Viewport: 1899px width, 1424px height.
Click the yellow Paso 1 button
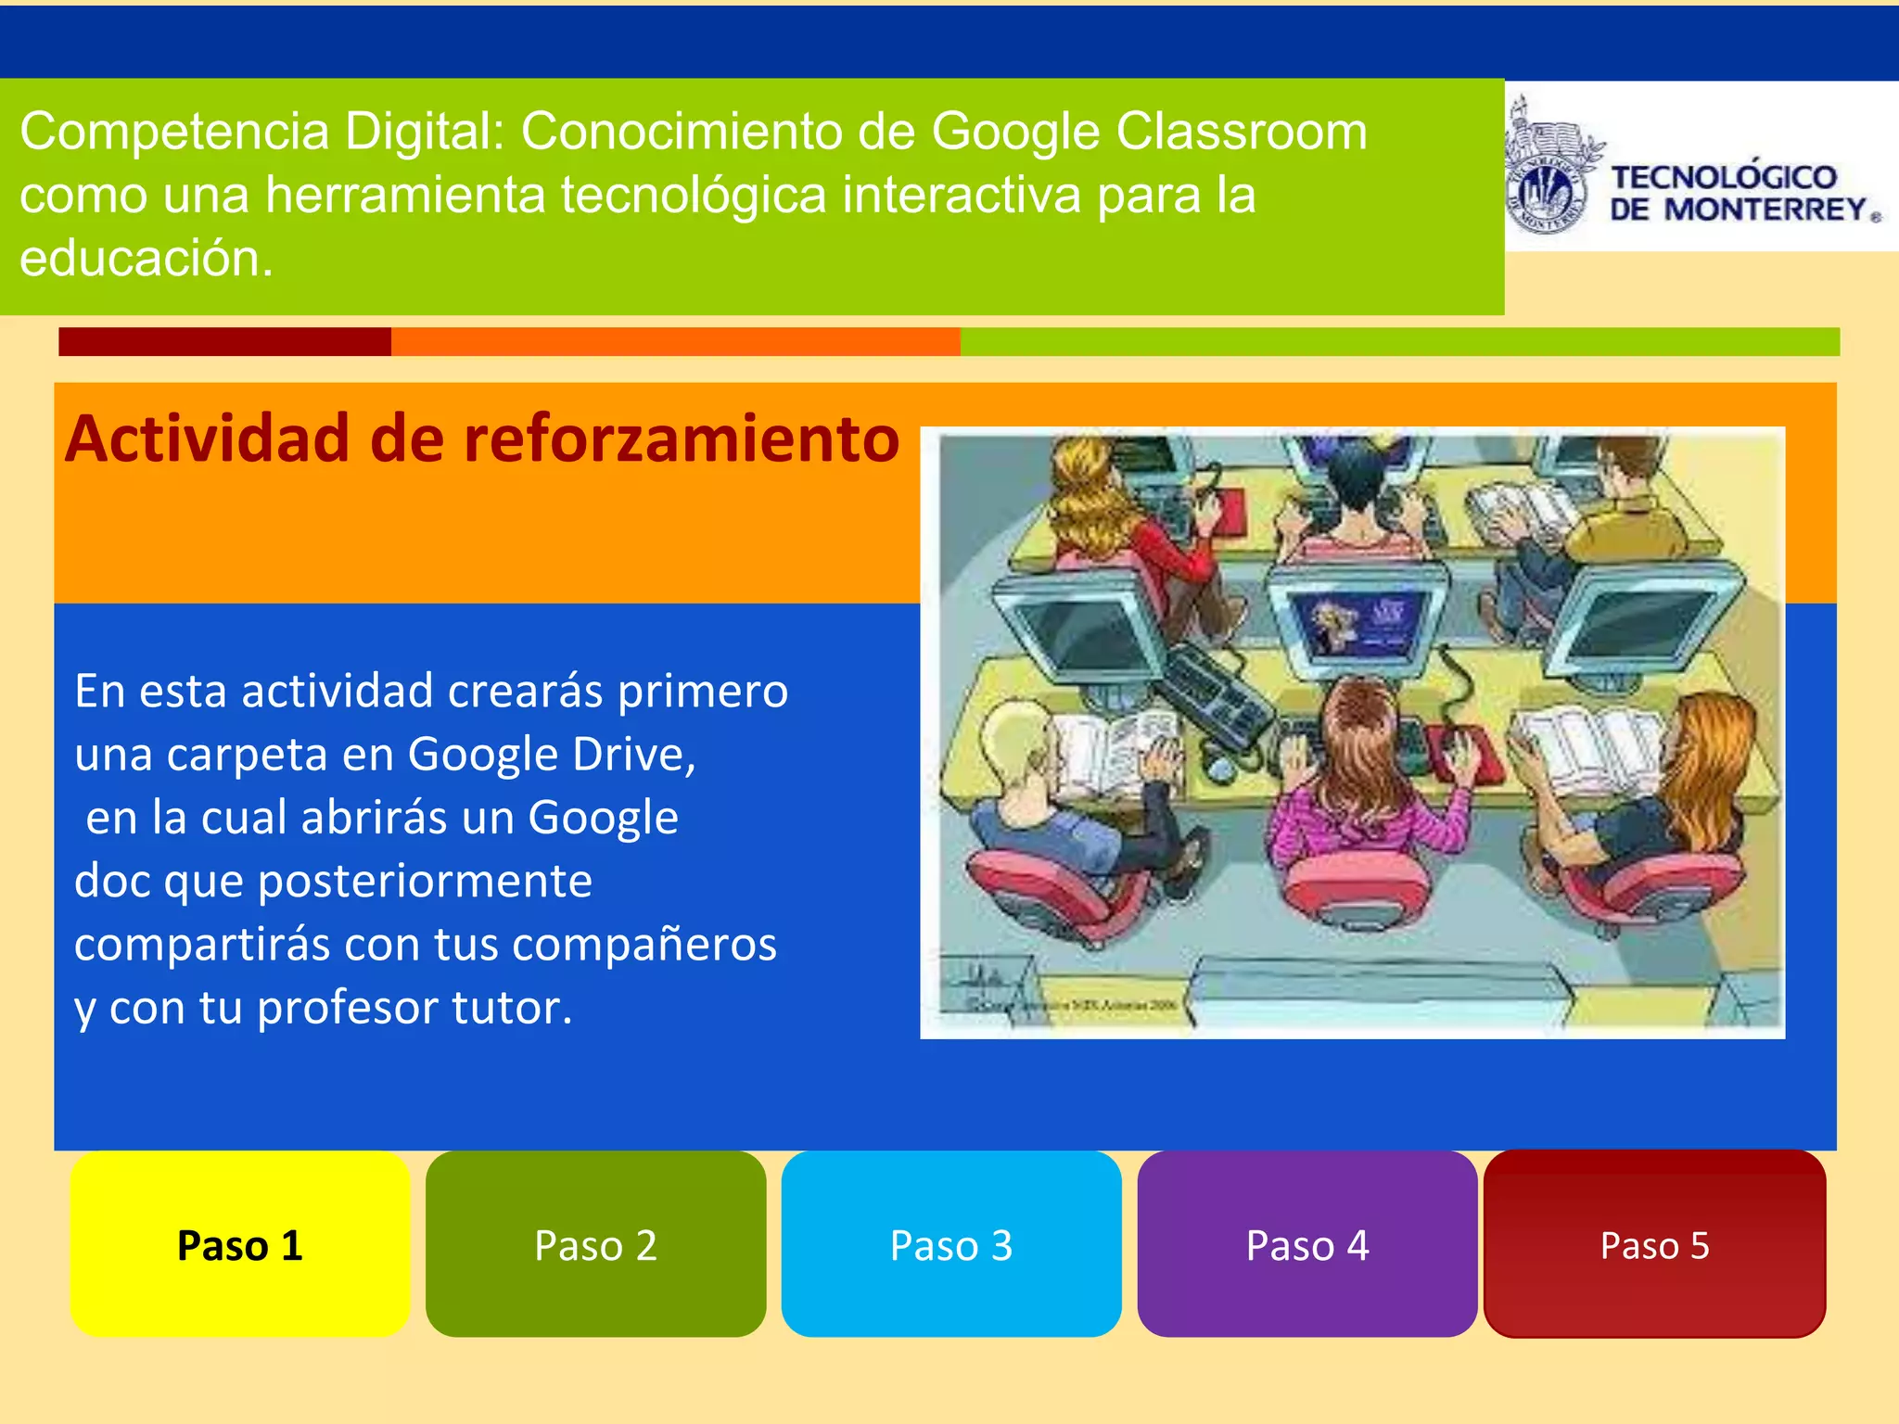pos(240,1244)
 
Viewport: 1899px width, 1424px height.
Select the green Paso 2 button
pos(595,1244)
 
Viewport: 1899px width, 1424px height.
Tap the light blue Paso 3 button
pos(951,1244)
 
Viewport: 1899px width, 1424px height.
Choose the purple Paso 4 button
pos(1306,1244)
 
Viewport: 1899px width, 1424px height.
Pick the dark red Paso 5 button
pos(1654,1244)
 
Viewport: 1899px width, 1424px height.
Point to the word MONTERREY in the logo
pos(1765,210)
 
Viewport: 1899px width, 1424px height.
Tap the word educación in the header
pos(147,259)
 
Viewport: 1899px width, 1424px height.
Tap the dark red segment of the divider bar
pos(224,341)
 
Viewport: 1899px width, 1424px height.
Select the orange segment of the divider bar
pos(675,341)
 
